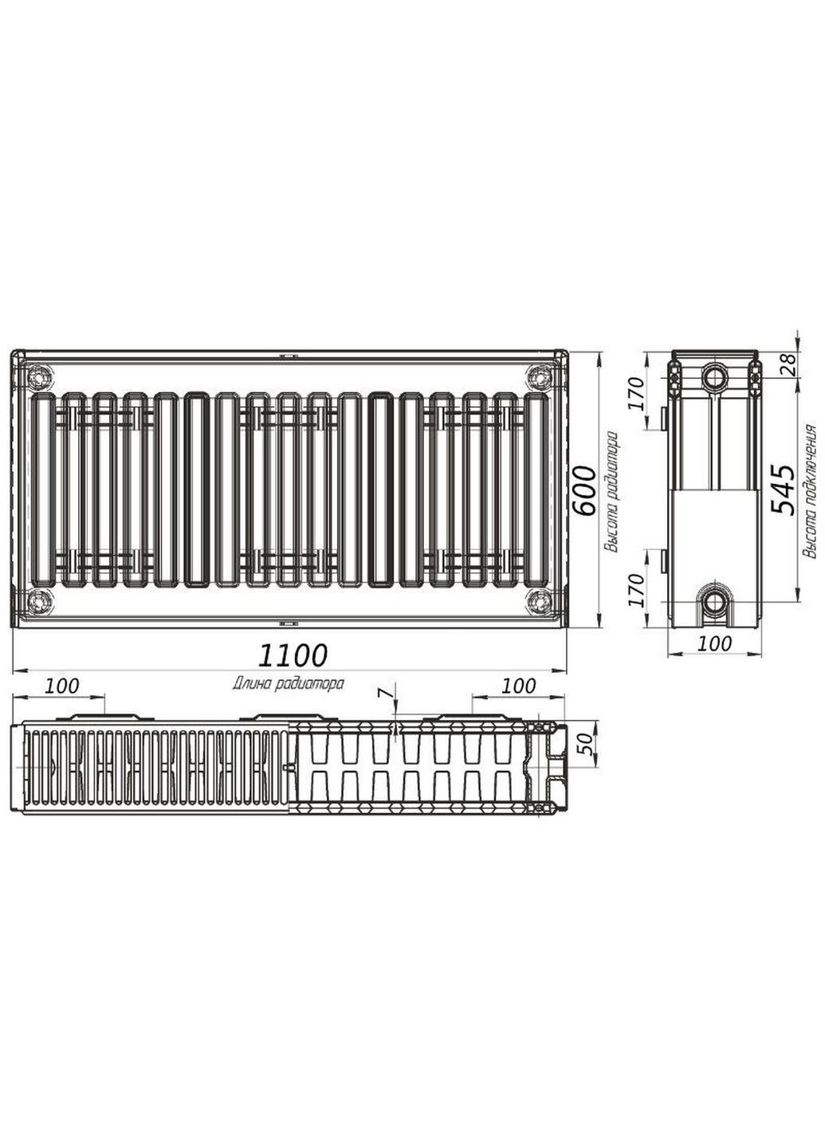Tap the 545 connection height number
tap(784, 490)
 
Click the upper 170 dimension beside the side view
tap(635, 393)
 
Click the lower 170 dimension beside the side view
tap(635, 591)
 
